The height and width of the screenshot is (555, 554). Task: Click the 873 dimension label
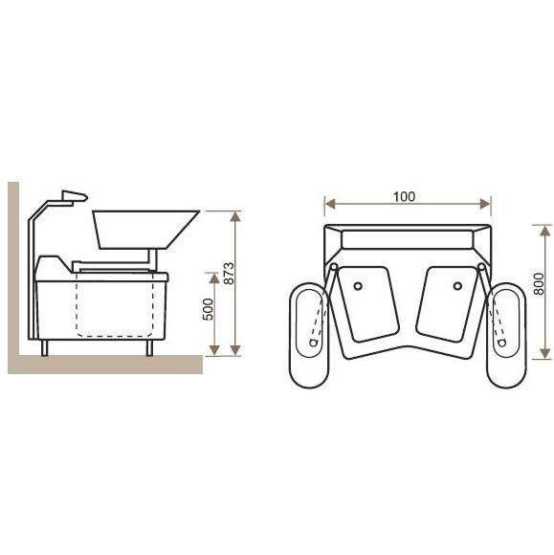[230, 273]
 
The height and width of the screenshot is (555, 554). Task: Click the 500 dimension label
[209, 309]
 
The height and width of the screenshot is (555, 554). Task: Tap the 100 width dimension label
[405, 196]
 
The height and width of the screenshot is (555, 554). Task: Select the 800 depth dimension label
[539, 283]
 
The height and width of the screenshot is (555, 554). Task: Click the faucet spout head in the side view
[75, 196]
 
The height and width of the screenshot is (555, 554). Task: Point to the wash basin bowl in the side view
[145, 230]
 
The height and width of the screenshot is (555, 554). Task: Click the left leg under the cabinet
[44, 347]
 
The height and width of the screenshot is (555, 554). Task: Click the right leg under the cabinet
[149, 347]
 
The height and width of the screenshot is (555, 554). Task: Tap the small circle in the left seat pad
[358, 286]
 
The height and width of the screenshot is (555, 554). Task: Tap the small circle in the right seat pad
[457, 286]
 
